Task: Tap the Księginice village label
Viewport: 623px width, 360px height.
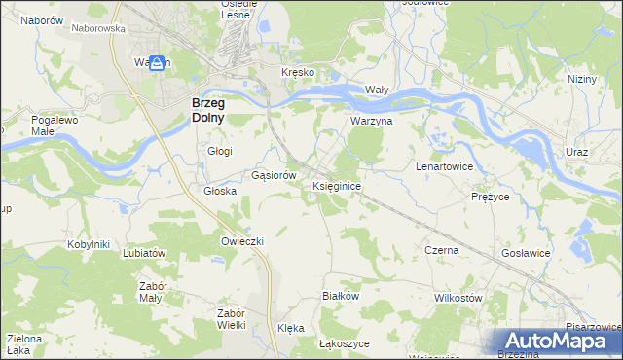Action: point(338,185)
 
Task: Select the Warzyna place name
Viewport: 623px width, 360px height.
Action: point(371,122)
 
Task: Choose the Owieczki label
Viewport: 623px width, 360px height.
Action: point(242,240)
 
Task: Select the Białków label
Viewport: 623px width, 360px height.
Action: point(341,295)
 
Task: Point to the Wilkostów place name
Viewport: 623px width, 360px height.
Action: point(458,297)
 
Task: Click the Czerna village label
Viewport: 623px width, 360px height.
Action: point(441,250)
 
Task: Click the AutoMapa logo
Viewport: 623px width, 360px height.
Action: point(557,341)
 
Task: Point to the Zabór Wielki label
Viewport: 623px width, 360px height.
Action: point(231,319)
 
